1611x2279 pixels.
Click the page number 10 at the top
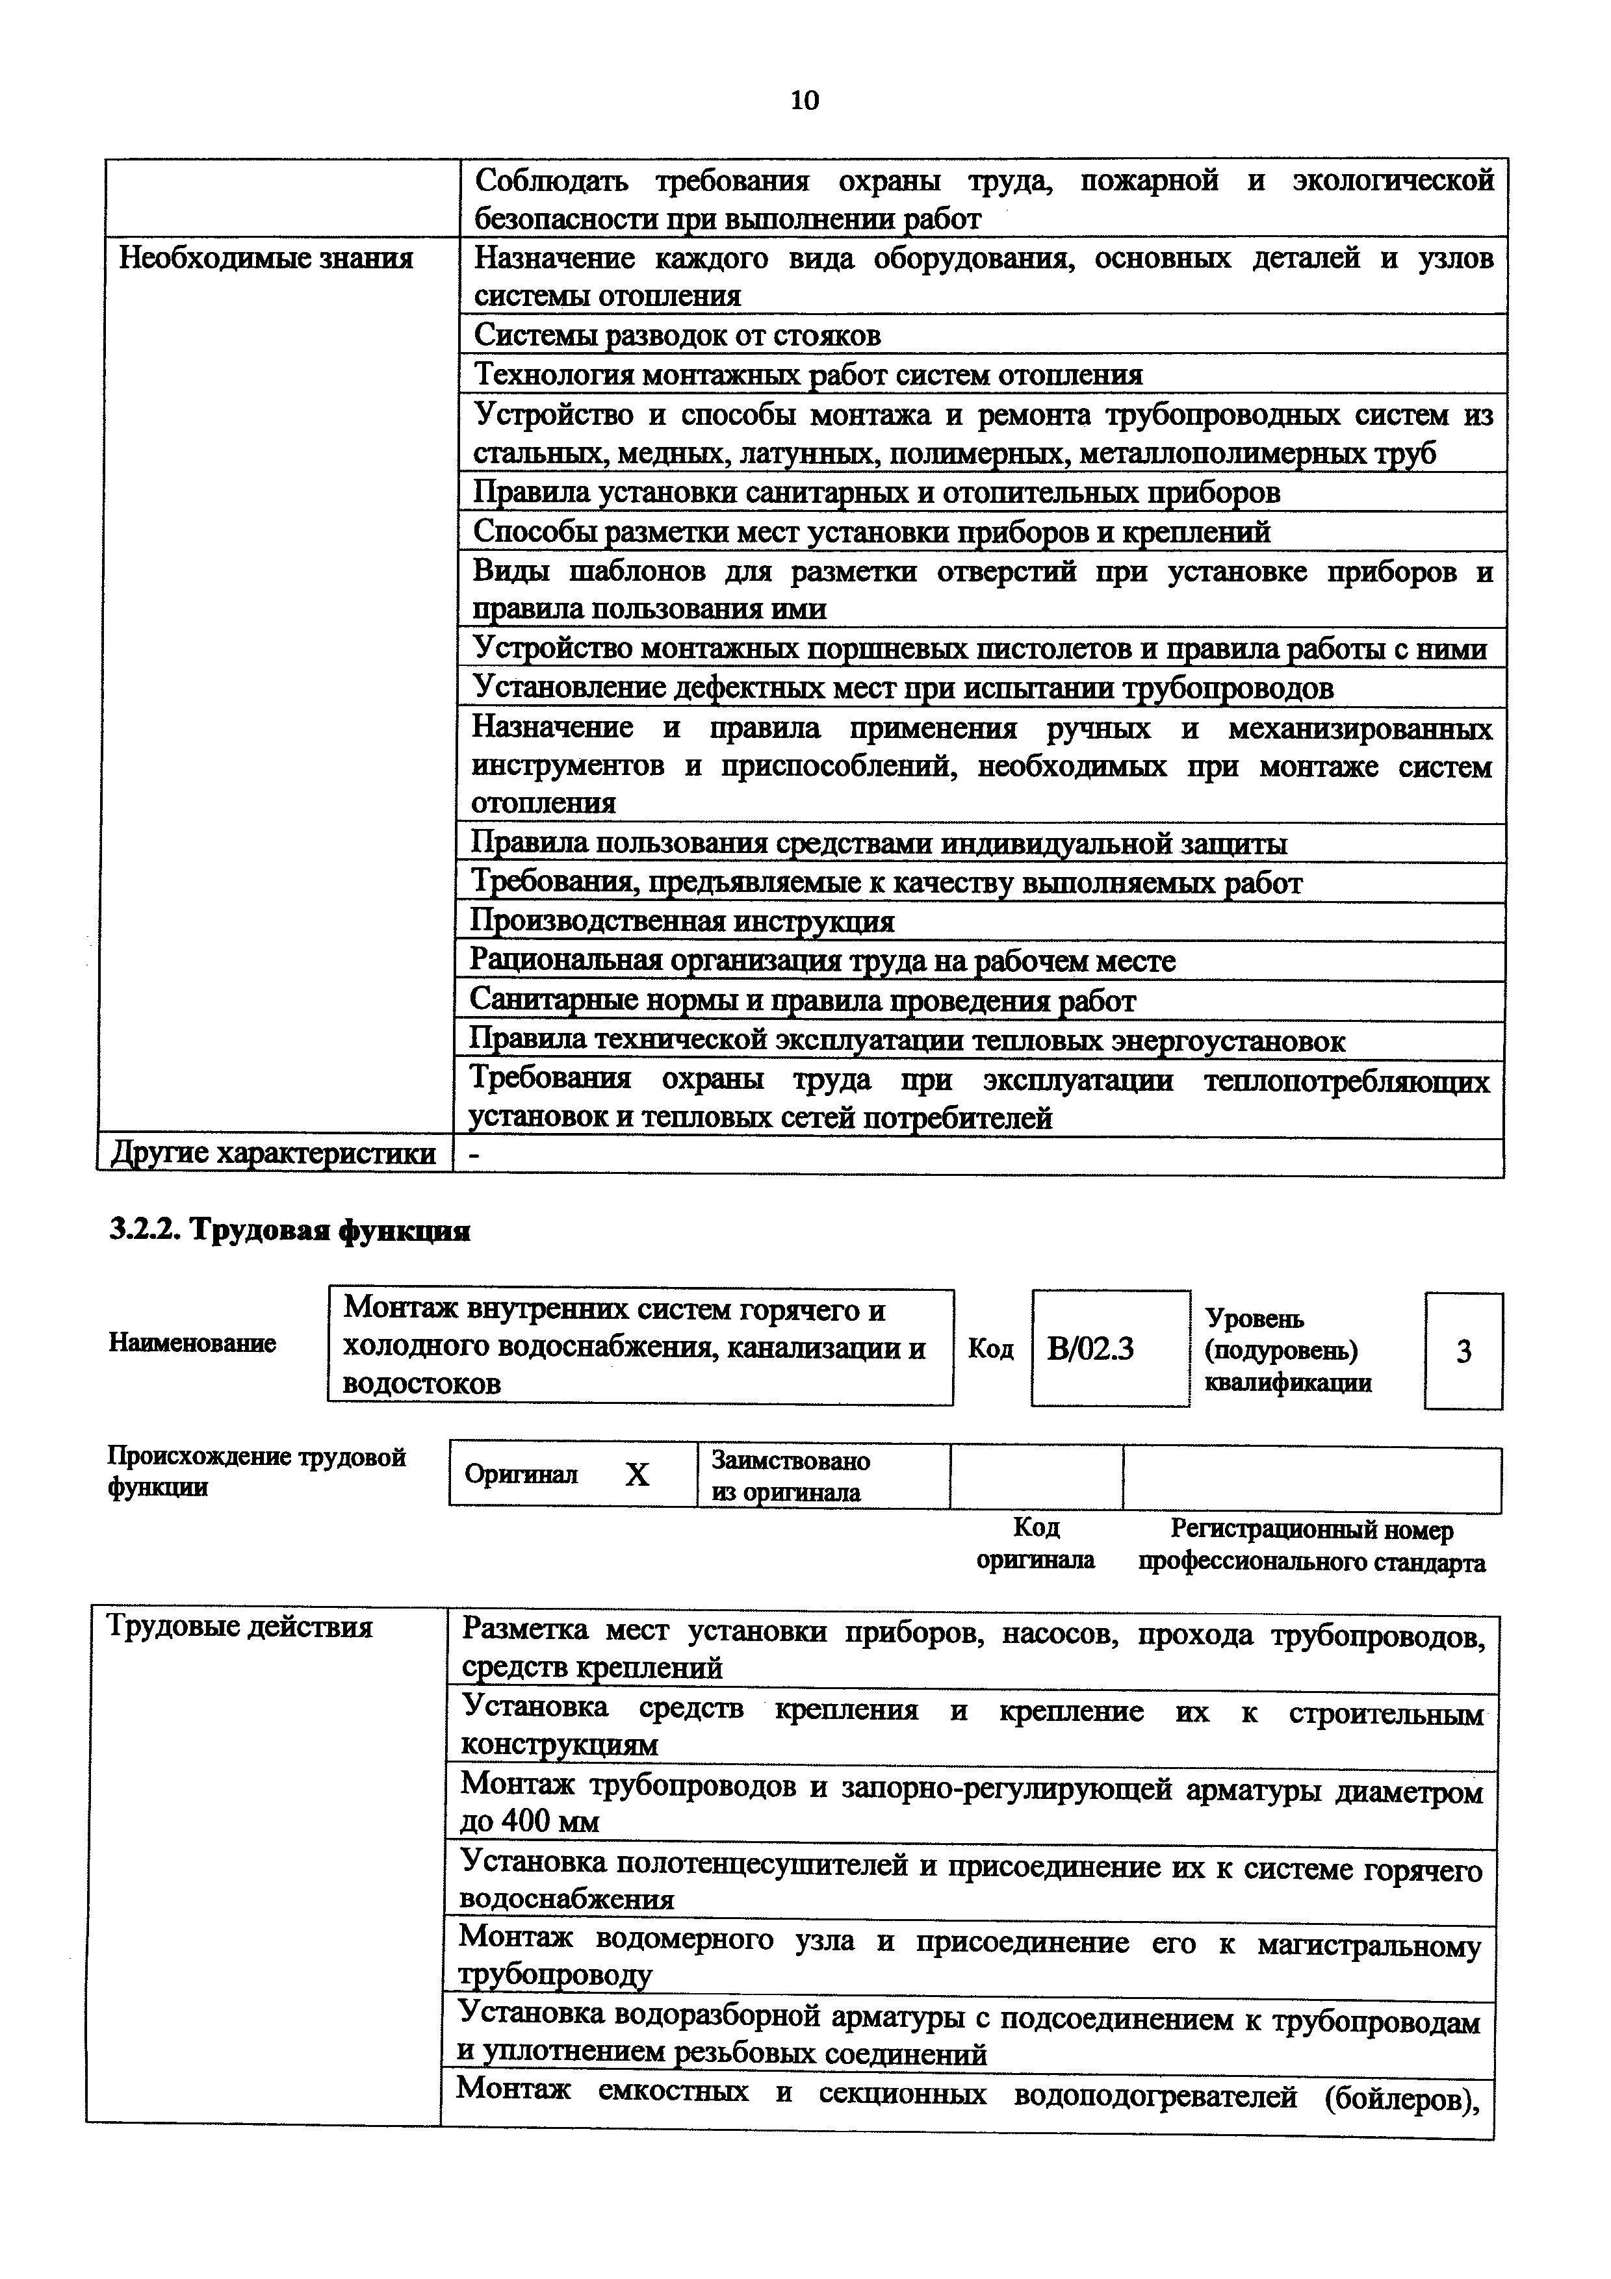805,100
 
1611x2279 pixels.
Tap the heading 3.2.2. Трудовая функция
289,1231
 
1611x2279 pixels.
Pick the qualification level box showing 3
1463,1351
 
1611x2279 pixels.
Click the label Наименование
192,1343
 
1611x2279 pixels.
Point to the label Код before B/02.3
990,1349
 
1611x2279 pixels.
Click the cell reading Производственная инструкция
682,922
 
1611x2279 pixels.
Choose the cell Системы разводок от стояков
677,335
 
